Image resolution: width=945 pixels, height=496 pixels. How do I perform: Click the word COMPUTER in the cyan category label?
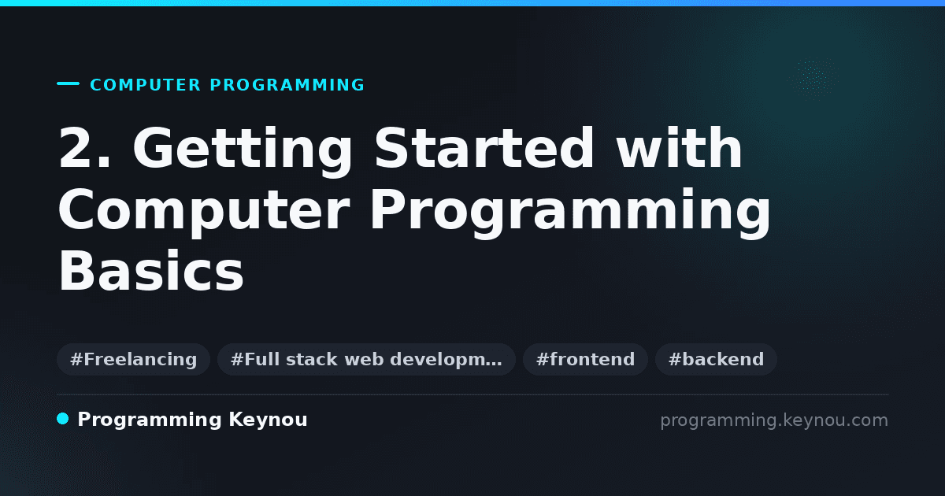(145, 85)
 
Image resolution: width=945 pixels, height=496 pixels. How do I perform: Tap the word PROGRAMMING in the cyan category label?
(287, 85)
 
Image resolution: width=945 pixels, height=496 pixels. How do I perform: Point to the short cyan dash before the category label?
(68, 83)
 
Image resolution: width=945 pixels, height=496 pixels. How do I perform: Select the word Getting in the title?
(243, 151)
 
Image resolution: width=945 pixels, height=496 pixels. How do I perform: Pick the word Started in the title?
(484, 147)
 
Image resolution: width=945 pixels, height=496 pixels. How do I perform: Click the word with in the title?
(679, 147)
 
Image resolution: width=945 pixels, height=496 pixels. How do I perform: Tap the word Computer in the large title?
(204, 211)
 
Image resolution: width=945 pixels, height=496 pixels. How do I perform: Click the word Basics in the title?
(151, 271)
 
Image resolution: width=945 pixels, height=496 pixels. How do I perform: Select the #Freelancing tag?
(133, 359)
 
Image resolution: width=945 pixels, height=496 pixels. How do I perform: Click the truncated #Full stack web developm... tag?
(366, 359)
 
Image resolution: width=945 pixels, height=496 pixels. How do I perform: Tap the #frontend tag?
(585, 359)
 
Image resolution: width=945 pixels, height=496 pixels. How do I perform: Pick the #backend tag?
(716, 359)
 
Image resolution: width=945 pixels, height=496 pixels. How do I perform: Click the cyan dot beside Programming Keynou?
(62, 419)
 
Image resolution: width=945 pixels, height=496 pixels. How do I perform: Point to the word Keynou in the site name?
(268, 420)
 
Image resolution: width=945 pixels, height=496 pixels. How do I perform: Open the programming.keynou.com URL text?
(774, 420)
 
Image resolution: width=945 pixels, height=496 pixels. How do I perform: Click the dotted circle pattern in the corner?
(813, 78)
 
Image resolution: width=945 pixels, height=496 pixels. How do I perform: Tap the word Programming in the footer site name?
(150, 420)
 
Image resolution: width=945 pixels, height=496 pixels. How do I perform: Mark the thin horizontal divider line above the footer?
(472, 394)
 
